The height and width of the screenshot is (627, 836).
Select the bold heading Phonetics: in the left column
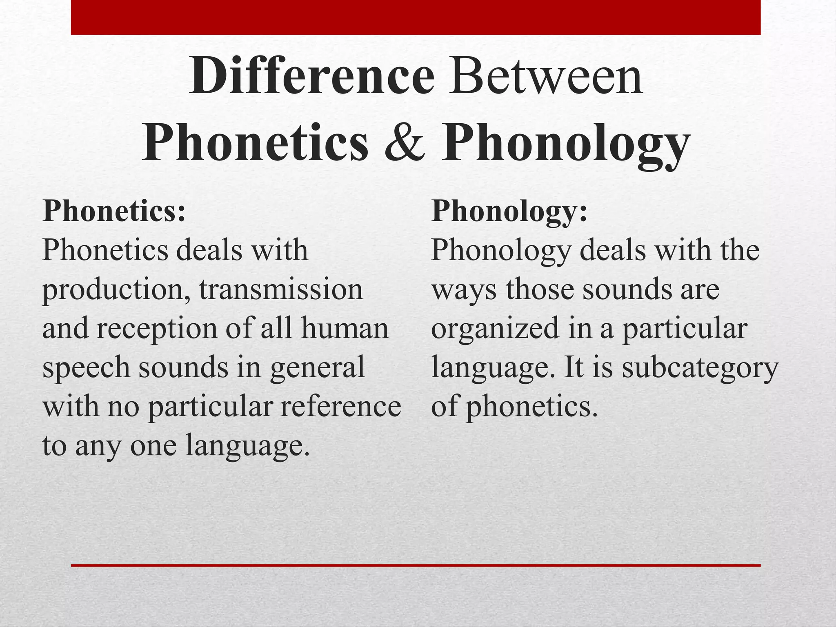click(114, 211)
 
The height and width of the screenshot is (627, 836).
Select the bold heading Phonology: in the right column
click(509, 211)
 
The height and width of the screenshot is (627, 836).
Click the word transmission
click(281, 289)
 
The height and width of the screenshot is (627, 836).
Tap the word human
click(345, 329)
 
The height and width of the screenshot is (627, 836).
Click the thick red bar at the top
click(416, 17)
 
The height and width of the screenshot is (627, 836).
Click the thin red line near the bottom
click(416, 565)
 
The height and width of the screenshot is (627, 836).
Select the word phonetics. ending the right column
click(532, 407)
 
